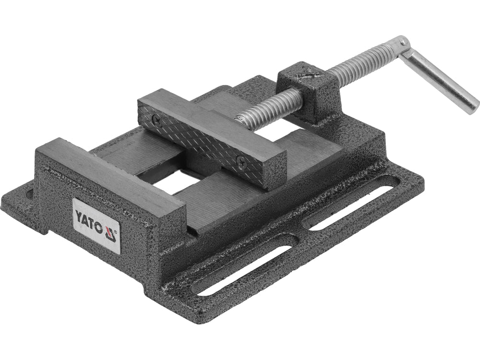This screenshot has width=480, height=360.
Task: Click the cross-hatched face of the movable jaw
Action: click(x=202, y=142)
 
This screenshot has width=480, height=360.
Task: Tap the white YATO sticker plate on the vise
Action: click(x=96, y=224)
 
